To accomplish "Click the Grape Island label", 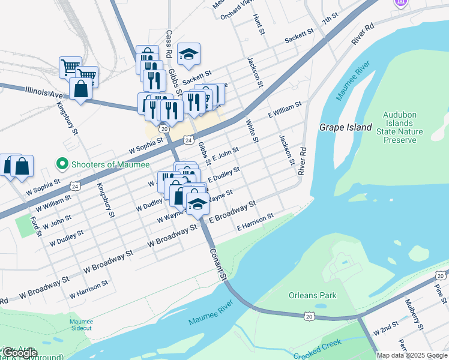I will (x=341, y=128).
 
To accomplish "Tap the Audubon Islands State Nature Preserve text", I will (x=400, y=127).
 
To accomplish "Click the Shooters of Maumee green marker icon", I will (x=61, y=163).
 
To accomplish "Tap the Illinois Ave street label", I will (x=44, y=92).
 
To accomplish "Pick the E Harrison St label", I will (x=255, y=221).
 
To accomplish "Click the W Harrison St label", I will (x=88, y=289).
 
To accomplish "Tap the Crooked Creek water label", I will (x=317, y=352).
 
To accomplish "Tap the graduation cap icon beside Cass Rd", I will (x=188, y=54).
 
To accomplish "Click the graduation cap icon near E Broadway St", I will (x=197, y=203).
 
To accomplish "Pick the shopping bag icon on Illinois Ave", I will (x=80, y=89).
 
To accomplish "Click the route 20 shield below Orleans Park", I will (x=309, y=316).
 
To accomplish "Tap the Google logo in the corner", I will (x=19, y=353).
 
